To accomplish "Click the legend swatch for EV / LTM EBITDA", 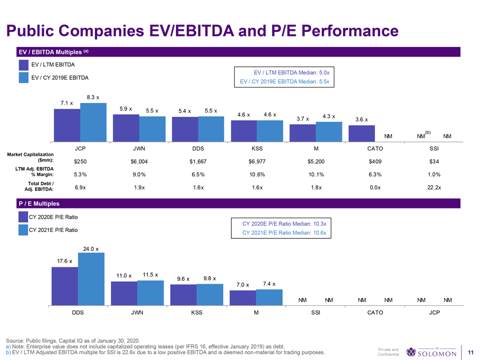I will pyautogui.click(x=23, y=65).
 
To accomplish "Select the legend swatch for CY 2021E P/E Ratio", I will pyautogui.click(x=23, y=230).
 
